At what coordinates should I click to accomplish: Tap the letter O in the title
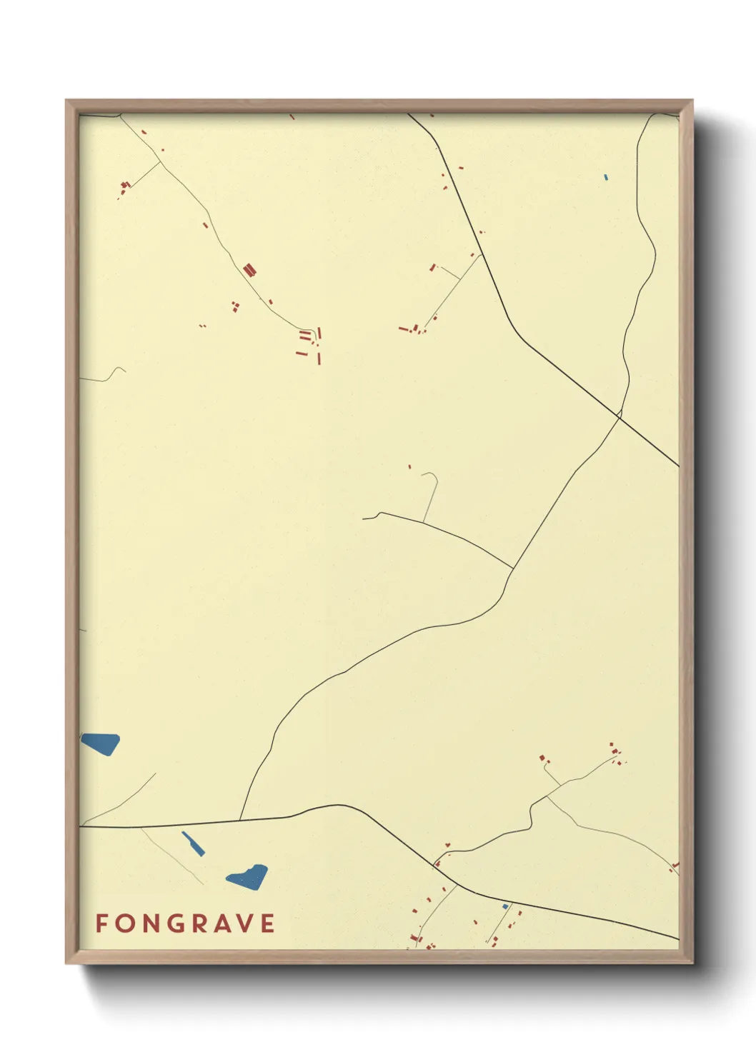click(124, 923)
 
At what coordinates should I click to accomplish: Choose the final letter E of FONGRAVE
click(268, 923)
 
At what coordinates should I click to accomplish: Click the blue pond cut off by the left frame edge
click(100, 743)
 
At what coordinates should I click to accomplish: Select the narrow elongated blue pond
click(193, 843)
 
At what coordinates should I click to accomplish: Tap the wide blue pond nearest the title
click(248, 876)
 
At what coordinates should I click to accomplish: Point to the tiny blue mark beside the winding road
click(605, 177)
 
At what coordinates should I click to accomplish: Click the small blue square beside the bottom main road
click(505, 907)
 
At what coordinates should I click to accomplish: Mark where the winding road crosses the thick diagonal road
click(620, 414)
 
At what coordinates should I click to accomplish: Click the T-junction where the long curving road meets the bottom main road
click(240, 820)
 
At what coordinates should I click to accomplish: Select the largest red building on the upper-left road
click(249, 269)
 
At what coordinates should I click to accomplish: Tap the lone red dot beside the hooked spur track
click(409, 467)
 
